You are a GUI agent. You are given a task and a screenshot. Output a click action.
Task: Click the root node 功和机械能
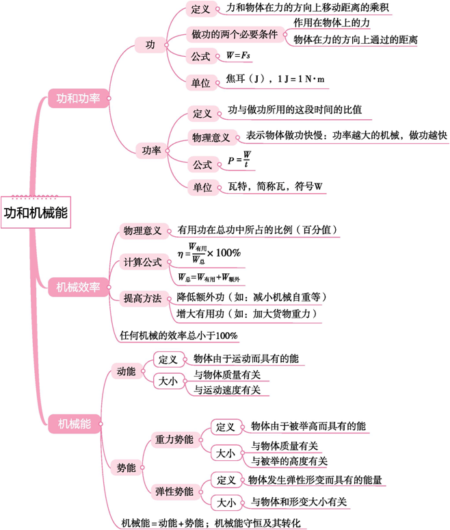(36, 212)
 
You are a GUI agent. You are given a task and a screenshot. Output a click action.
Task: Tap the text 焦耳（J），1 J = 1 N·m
(276, 81)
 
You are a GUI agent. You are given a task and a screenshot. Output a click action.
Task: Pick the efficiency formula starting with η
(209, 253)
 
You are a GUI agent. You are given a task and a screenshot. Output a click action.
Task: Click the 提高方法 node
(142, 298)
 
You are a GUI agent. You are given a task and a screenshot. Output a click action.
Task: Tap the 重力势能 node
(174, 439)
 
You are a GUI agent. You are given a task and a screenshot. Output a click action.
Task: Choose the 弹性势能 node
(174, 491)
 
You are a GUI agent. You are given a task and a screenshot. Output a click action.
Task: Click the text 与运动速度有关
(226, 390)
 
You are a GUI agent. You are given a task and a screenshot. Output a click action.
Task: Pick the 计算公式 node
(142, 262)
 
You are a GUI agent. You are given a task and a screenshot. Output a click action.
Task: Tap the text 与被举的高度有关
(289, 460)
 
